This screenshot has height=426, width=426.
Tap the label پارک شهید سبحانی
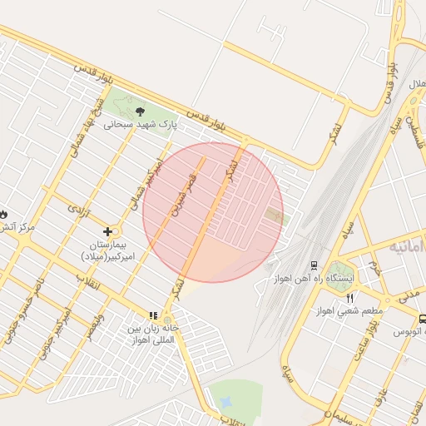coord(141,126)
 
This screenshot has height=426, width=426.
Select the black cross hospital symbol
coord(107,231)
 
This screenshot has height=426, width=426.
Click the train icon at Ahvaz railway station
coord(314,265)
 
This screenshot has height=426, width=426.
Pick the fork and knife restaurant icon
coord(350,298)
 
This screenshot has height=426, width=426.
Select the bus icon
coord(423,319)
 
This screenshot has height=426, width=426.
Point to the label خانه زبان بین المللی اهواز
coord(152,330)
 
